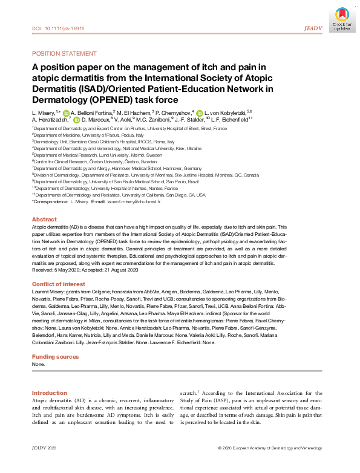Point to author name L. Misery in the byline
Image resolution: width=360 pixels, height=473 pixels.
point(42,113)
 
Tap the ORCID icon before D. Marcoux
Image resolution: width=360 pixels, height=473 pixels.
point(77,120)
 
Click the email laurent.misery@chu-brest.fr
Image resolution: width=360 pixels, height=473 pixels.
point(134,201)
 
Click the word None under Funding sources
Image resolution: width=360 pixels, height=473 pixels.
point(38,365)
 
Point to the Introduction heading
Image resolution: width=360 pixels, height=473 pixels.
point(49,393)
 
